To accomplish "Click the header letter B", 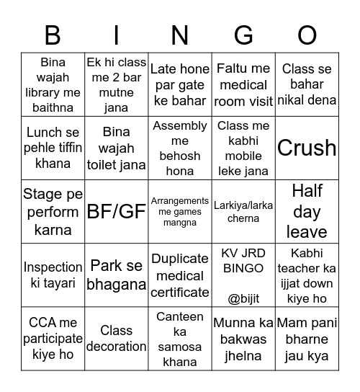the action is [x=53, y=35].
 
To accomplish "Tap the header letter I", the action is [x=116, y=35].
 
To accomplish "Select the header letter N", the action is [x=180, y=35].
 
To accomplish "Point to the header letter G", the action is [x=243, y=35].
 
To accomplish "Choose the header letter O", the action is [x=307, y=35].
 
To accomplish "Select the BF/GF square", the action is [x=116, y=211].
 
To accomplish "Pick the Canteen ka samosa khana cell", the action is [x=180, y=339].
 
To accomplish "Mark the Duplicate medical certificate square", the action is [x=180, y=275].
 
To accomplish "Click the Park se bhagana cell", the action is [x=116, y=275].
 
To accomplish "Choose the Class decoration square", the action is [x=116, y=339].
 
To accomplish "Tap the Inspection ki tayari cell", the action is [x=53, y=275].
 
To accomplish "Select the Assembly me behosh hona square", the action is [x=180, y=148].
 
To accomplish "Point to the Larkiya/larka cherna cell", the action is [x=243, y=211].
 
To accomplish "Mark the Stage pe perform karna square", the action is [x=53, y=211].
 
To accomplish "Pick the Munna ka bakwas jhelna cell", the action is [x=243, y=339].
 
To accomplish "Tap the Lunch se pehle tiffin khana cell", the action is [x=53, y=148].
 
